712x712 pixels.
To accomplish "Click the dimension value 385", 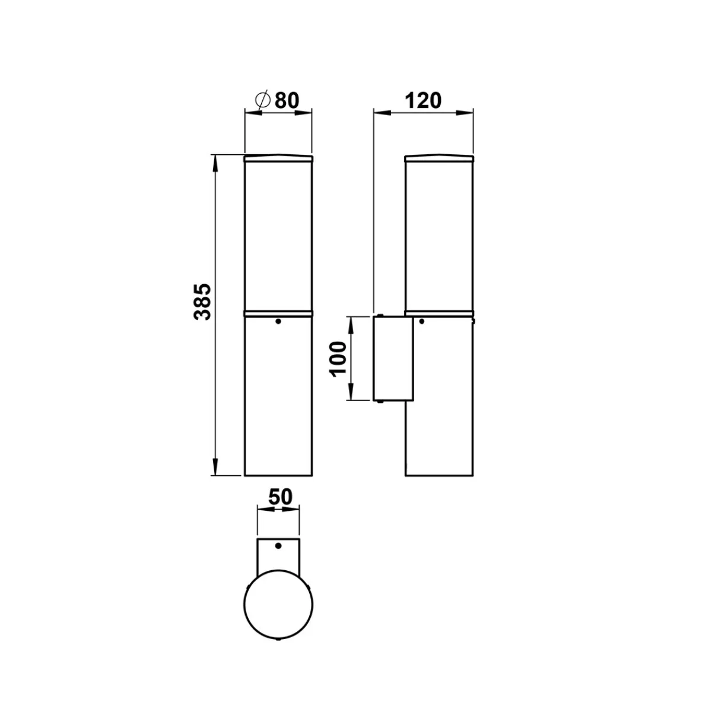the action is point(202,302).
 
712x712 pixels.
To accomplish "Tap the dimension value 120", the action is point(423,101).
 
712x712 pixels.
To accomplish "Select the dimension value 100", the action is point(338,359).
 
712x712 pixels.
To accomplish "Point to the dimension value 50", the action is point(281,497).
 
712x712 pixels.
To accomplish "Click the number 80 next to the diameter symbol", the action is point(287,100).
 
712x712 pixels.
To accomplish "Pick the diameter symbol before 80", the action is point(263,100).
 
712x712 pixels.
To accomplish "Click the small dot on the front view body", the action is point(278,322).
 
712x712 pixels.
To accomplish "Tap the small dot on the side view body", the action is point(421,322).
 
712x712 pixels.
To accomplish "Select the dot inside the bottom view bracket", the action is point(279,546).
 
